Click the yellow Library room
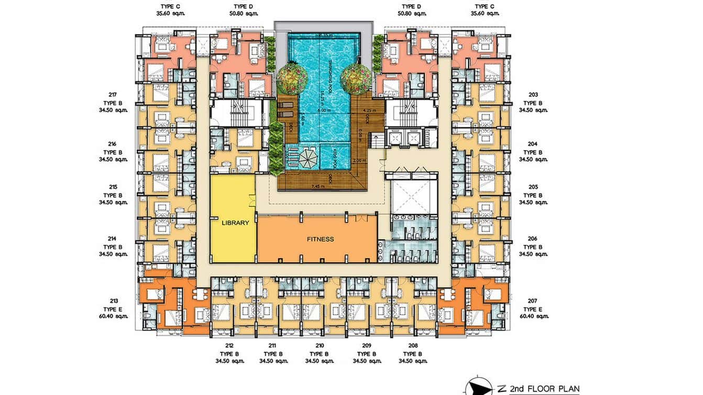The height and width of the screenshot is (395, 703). pyautogui.click(x=233, y=219)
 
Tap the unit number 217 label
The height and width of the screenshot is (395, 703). pyautogui.click(x=113, y=95)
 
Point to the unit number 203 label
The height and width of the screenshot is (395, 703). pyautogui.click(x=533, y=95)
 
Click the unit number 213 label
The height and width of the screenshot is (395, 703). pyautogui.click(x=114, y=301)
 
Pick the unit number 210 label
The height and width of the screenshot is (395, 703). pyautogui.click(x=320, y=346)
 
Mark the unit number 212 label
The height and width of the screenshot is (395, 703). pyautogui.click(x=229, y=346)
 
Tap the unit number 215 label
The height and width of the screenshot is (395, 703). pyautogui.click(x=113, y=186)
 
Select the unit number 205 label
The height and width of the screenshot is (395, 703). pyautogui.click(x=533, y=186)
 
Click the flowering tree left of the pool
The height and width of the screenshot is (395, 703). pyautogui.click(x=292, y=79)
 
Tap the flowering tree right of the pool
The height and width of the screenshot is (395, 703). pyautogui.click(x=356, y=79)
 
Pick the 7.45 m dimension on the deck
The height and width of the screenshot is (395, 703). pyautogui.click(x=318, y=186)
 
